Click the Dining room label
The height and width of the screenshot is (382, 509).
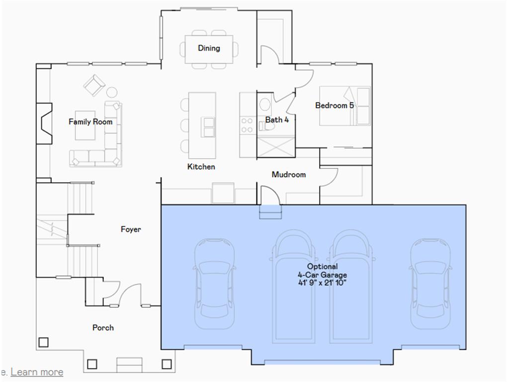[209, 48]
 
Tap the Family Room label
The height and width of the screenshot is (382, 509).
[90, 122]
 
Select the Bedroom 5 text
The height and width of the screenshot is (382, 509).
[335, 105]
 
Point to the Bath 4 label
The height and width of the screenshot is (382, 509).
[277, 120]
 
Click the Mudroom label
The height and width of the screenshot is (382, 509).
[288, 175]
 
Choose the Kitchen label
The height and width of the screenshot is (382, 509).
[201, 167]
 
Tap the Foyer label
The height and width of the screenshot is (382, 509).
[131, 229]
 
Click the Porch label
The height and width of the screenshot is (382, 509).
[103, 328]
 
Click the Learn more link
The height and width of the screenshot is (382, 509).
[37, 372]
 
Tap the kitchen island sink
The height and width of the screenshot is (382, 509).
[208, 127]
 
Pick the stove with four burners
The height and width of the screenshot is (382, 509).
[247, 125]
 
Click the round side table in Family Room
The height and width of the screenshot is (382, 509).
[112, 92]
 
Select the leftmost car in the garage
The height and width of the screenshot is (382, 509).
[214, 284]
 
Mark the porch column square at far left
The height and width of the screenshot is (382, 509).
[43, 342]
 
